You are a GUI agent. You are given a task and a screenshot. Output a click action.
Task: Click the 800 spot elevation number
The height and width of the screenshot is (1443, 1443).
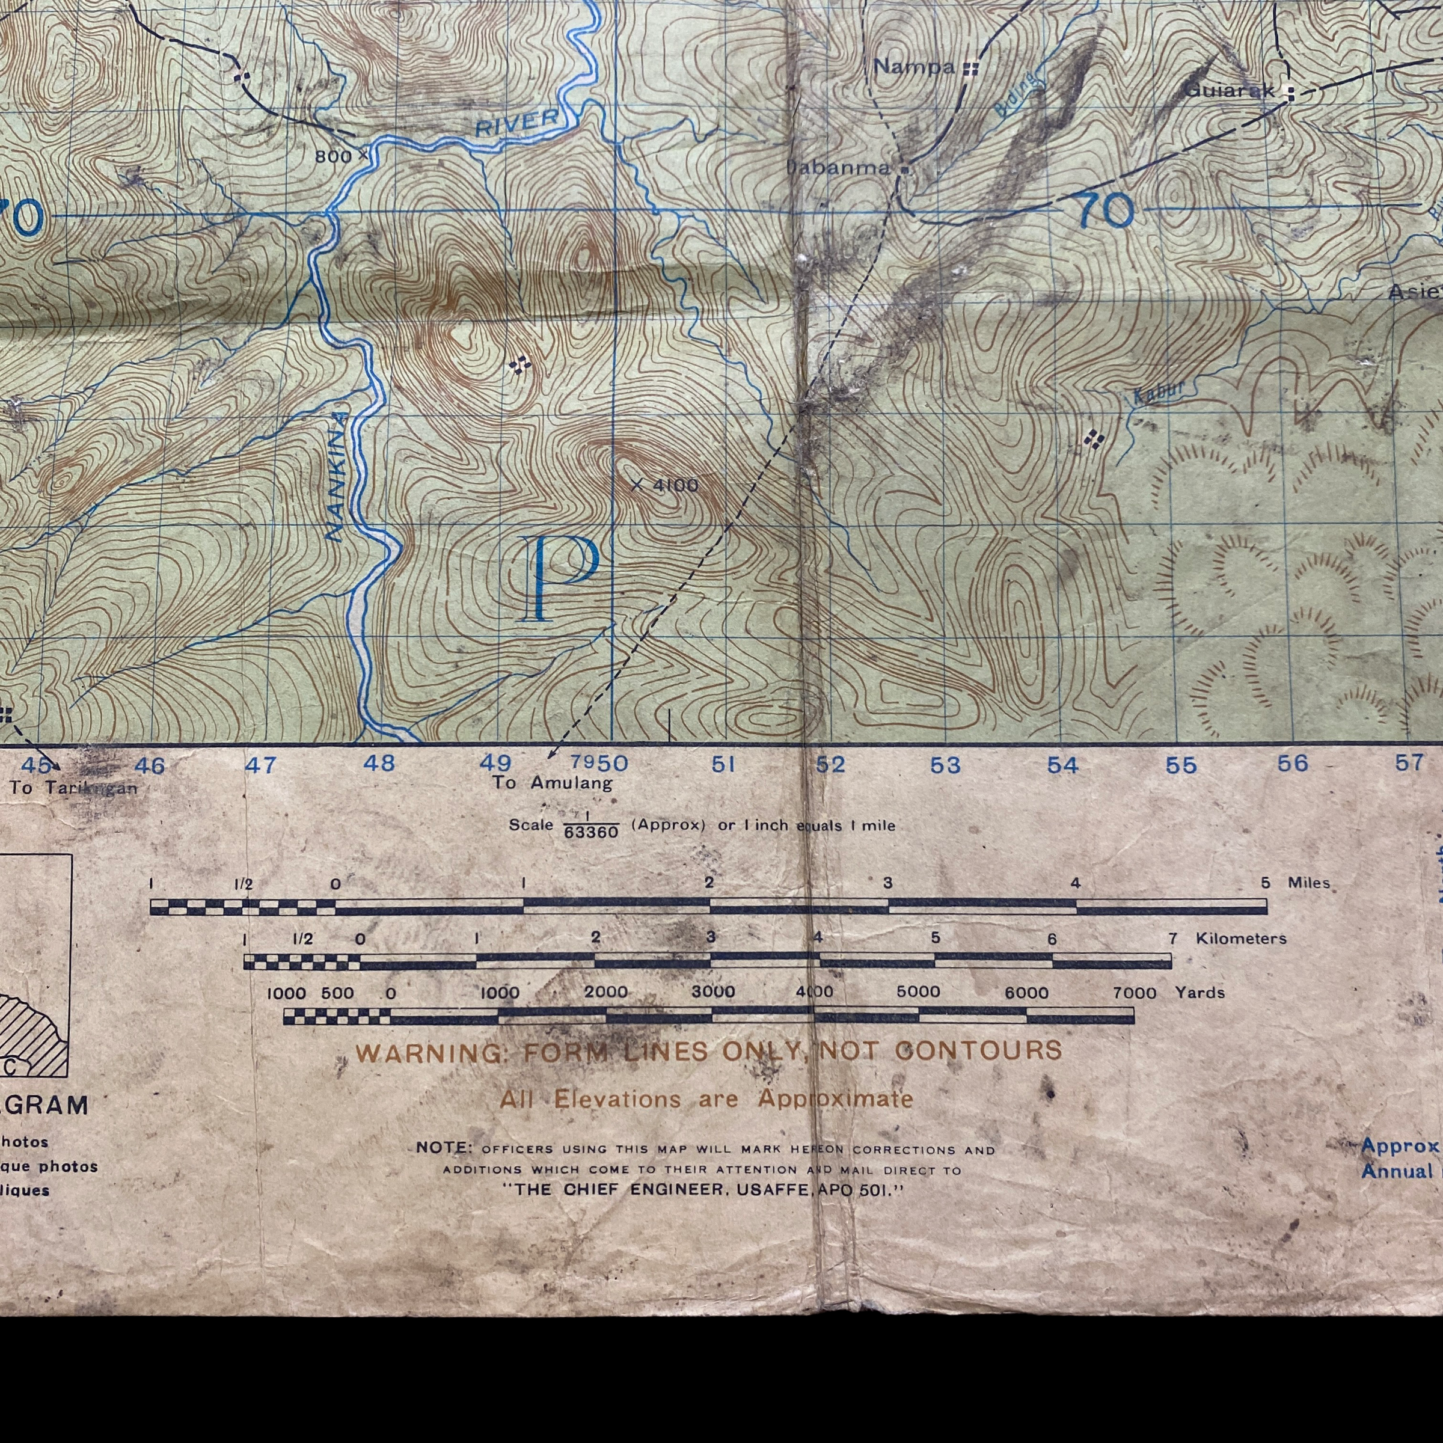pos(333,156)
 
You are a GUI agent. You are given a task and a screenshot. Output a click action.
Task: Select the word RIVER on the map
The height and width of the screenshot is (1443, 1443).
pos(517,124)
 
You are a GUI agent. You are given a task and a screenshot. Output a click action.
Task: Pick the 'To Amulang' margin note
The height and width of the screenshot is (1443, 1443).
pos(552,783)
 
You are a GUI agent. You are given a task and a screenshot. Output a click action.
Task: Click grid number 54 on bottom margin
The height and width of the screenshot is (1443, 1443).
pos(1062,765)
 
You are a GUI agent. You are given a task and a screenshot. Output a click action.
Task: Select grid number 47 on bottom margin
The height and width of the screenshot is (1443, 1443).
pos(260,765)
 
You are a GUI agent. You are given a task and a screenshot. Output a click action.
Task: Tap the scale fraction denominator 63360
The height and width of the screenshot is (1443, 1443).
pos(591,832)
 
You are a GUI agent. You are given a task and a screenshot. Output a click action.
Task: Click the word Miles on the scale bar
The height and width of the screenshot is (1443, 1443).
pos(1308,883)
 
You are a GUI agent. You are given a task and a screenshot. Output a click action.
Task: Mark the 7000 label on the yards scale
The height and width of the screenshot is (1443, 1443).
pos(1134,993)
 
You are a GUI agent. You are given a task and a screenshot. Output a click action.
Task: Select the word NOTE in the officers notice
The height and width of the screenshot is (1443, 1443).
pos(444,1148)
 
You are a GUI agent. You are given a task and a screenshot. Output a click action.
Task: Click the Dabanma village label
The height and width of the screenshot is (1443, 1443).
pos(839,167)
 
